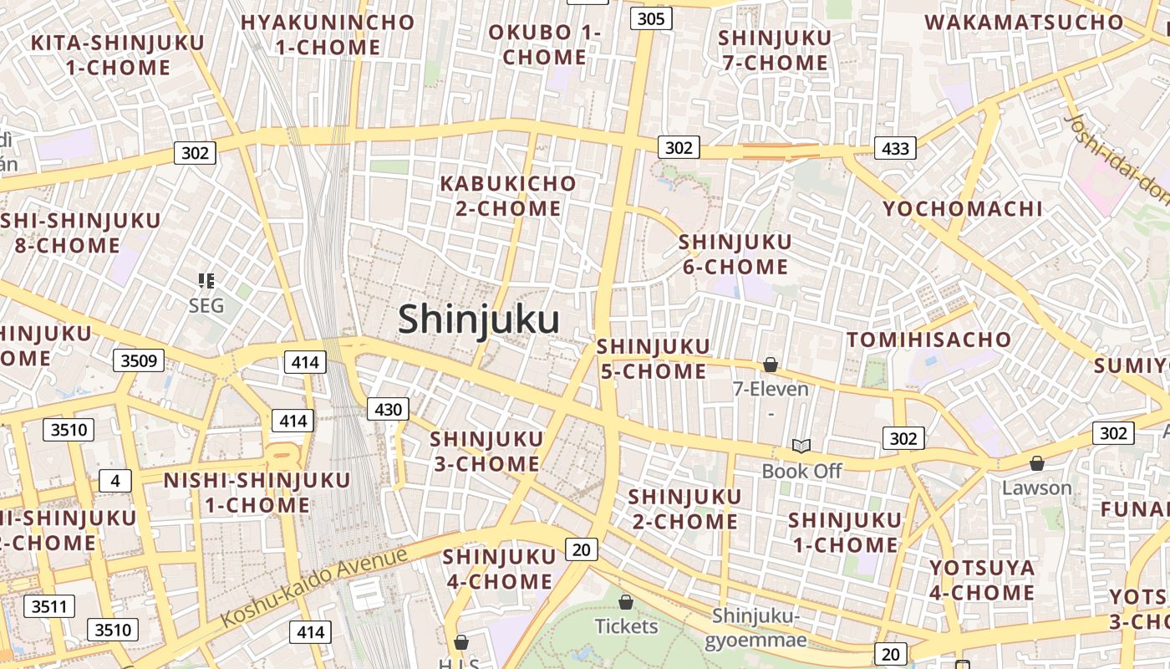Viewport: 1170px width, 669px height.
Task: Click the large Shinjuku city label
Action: point(478,319)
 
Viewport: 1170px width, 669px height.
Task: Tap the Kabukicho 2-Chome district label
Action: point(508,196)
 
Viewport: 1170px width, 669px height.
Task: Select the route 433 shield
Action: point(895,148)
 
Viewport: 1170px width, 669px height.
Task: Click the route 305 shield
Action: point(651,18)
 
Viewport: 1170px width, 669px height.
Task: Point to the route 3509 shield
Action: point(139,360)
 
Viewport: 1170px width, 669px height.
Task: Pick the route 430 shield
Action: point(389,410)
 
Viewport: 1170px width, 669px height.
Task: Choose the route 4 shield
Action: point(114,481)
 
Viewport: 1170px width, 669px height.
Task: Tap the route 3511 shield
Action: point(49,606)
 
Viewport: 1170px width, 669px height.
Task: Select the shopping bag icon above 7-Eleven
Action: point(771,365)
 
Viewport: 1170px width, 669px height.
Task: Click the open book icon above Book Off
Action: point(801,446)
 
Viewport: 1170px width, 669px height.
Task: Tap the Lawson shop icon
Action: point(1037,463)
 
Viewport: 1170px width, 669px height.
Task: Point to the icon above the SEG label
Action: point(206,280)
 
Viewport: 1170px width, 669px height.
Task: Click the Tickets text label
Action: point(627,626)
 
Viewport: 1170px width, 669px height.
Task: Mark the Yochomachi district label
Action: point(963,209)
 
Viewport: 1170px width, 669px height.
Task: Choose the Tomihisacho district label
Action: point(928,340)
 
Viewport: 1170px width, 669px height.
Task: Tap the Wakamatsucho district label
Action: point(1024,22)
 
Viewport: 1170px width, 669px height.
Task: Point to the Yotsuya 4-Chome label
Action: point(982,580)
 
